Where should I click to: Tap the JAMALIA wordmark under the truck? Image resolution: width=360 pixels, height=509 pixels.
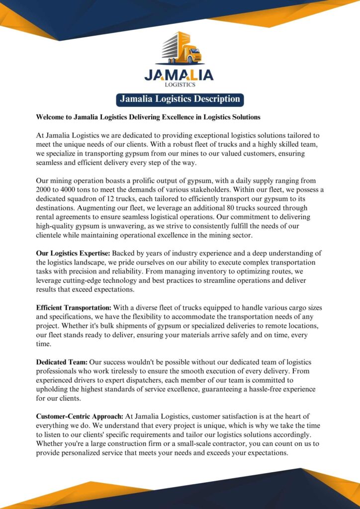179,75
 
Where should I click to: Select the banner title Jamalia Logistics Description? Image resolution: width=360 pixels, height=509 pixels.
180,99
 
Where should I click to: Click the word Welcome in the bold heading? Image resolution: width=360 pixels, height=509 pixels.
53,117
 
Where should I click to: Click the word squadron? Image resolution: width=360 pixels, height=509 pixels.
86,199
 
